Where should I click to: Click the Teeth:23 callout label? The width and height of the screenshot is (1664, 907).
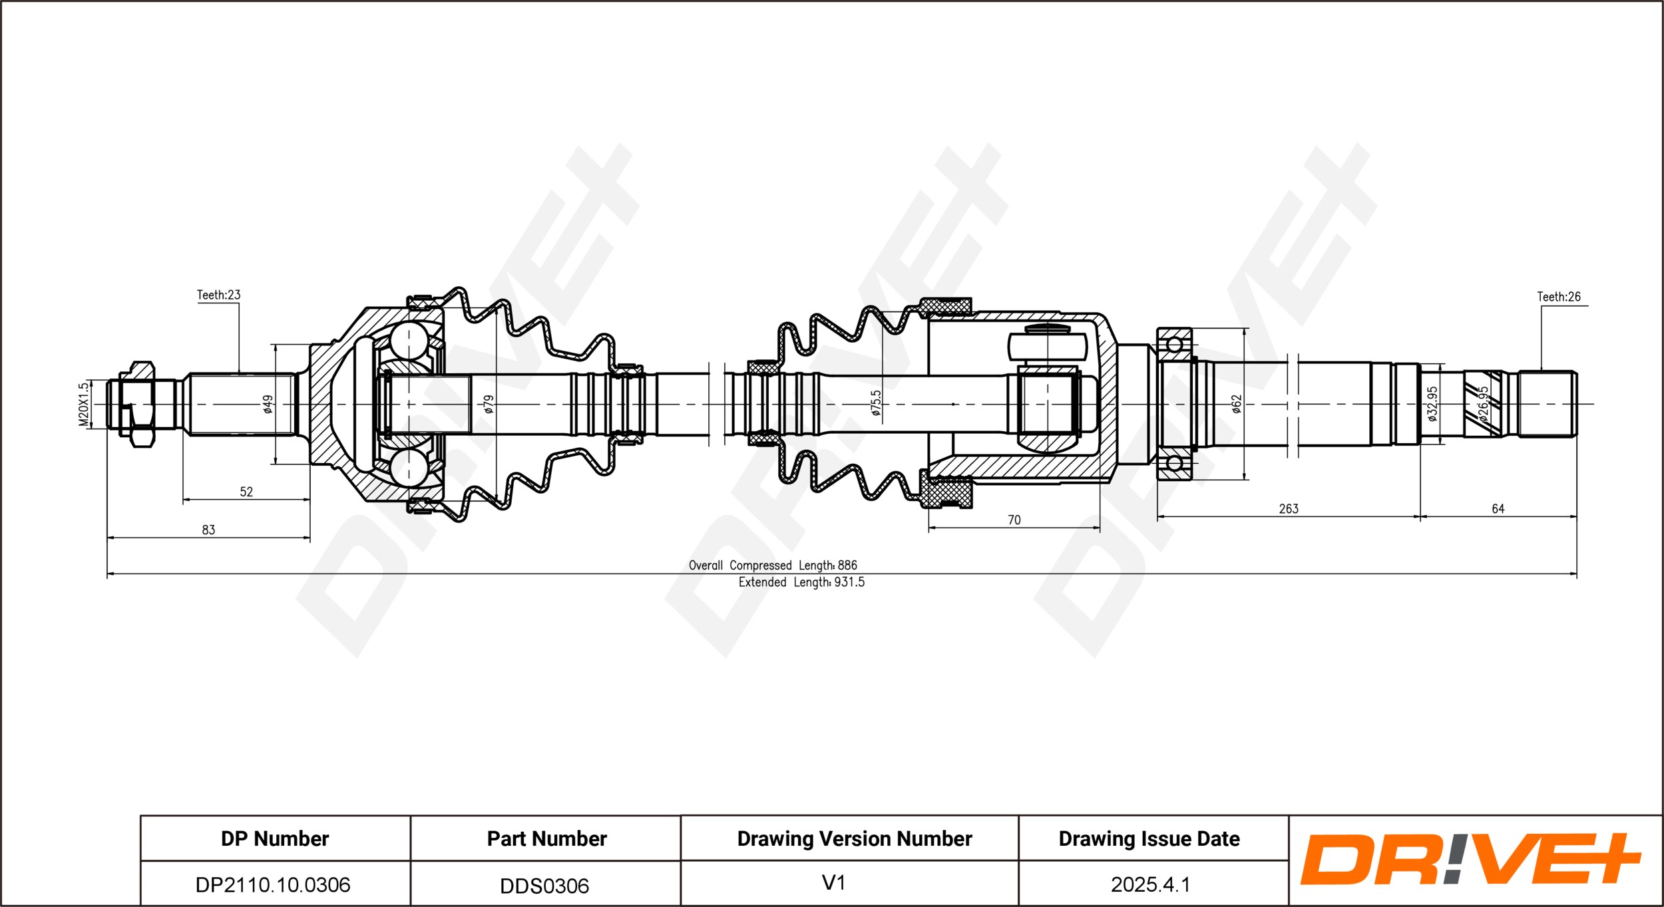(218, 295)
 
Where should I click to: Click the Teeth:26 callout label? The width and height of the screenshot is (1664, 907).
(1559, 297)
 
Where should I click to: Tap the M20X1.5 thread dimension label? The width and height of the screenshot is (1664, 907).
(83, 405)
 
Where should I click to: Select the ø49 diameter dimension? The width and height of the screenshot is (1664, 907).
(268, 405)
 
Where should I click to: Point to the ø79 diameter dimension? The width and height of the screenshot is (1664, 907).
(489, 405)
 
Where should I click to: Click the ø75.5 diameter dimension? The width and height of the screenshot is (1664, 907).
(876, 403)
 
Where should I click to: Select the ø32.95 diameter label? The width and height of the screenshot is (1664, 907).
(1432, 404)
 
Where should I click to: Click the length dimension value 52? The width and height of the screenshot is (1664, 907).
(246, 492)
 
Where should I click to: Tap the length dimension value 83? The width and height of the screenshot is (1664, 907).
(208, 530)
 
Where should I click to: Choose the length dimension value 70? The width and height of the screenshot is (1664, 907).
(1014, 520)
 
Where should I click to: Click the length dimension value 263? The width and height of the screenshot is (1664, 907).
(1289, 508)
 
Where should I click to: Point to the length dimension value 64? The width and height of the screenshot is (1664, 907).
(1498, 508)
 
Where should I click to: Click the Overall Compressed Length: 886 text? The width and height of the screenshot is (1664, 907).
(773, 565)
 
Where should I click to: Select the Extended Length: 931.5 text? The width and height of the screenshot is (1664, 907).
(801, 582)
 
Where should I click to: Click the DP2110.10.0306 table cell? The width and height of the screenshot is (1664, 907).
(273, 884)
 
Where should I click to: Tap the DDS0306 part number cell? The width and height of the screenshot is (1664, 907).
(544, 886)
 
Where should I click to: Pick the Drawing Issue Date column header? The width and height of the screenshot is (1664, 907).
(1149, 838)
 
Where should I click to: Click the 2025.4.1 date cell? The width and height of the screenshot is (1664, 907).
(1150, 884)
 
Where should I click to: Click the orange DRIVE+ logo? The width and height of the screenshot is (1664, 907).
(1472, 859)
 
